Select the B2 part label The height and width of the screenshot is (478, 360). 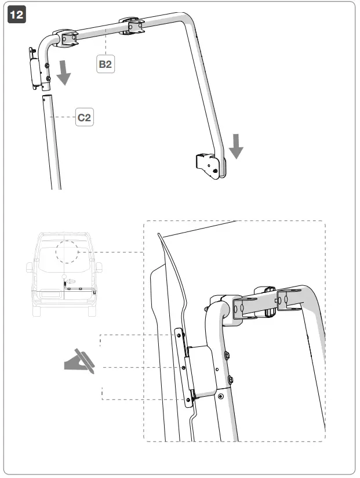point(105,64)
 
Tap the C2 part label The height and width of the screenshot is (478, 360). point(85,118)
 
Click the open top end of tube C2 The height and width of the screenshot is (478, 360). point(46,98)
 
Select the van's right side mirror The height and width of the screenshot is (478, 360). point(99,267)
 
